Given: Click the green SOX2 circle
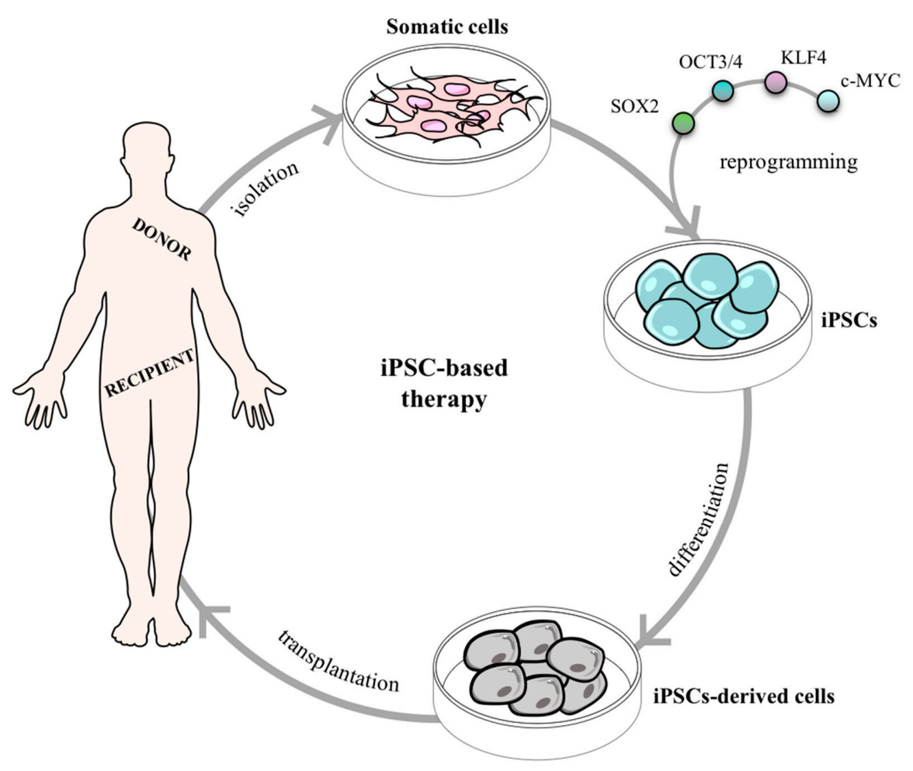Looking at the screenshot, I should pos(682,122).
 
